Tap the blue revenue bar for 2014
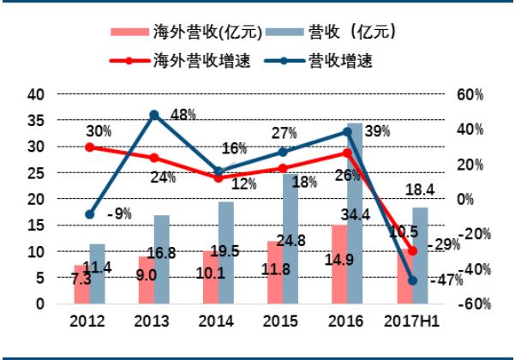(226, 252)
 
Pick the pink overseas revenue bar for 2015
(274, 273)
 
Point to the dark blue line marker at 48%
(154, 114)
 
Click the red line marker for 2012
(89, 147)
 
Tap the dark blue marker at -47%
(412, 280)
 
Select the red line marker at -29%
(412, 250)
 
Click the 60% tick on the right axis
(469, 93)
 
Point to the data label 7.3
(81, 279)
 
